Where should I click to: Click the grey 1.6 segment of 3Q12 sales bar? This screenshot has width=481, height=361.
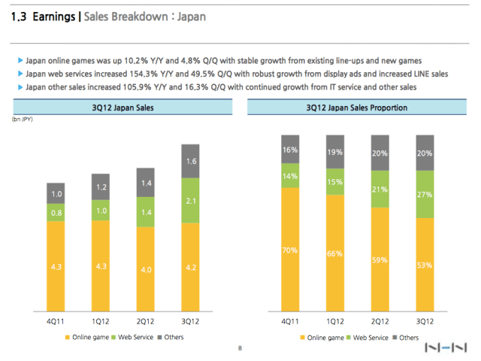[x=192, y=161]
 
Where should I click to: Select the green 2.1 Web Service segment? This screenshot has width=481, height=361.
[x=192, y=200]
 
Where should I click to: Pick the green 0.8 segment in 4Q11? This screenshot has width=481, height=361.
[x=57, y=213]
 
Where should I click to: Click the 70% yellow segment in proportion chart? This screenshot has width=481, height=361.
[x=290, y=250]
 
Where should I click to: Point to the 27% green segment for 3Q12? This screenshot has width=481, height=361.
[x=425, y=194]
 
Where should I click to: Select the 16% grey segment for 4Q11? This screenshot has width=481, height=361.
[x=290, y=150]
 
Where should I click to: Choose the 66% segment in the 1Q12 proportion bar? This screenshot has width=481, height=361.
[x=335, y=254]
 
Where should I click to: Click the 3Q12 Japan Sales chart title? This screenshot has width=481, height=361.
[x=125, y=108]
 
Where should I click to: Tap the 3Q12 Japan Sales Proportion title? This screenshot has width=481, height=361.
[x=358, y=108]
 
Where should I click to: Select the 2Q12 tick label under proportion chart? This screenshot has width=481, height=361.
[x=380, y=322]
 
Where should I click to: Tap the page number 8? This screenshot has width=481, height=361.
[x=239, y=348]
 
